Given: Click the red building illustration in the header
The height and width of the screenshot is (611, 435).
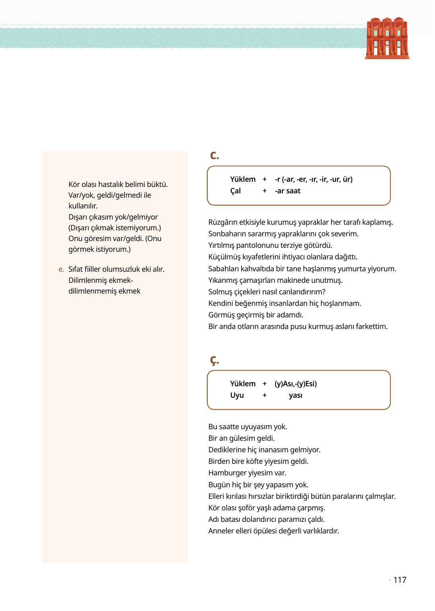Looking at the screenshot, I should (387, 38).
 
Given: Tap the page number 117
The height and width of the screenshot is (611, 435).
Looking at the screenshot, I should (400, 580).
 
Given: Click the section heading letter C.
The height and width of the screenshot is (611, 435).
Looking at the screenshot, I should (214, 155).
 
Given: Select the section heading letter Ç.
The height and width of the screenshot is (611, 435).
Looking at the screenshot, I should (214, 360).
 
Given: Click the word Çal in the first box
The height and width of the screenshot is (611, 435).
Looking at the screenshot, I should (236, 191).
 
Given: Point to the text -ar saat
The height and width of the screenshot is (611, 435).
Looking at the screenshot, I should (287, 191).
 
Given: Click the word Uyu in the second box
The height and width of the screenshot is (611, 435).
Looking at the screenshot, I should (237, 395).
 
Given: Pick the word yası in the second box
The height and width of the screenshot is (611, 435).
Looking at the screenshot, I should (295, 395).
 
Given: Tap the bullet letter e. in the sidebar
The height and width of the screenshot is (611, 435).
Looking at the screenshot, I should (61, 269).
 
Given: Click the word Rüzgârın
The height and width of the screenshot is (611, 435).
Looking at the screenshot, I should (223, 222).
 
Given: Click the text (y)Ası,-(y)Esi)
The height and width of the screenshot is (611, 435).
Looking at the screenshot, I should (296, 384).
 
